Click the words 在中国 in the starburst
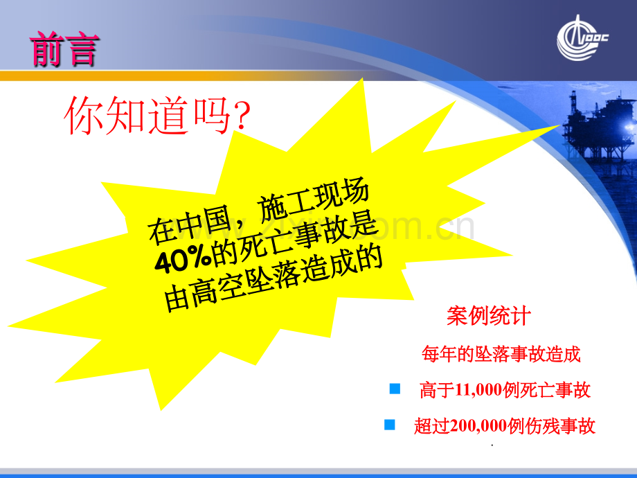click(x=189, y=225)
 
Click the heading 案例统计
click(x=488, y=316)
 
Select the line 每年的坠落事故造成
click(x=501, y=353)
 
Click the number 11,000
click(x=478, y=390)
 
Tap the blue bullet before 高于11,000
click(x=395, y=389)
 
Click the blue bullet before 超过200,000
click(x=389, y=425)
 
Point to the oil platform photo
click(x=600, y=134)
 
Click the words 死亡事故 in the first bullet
click(x=555, y=390)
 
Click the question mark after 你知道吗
click(x=242, y=116)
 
